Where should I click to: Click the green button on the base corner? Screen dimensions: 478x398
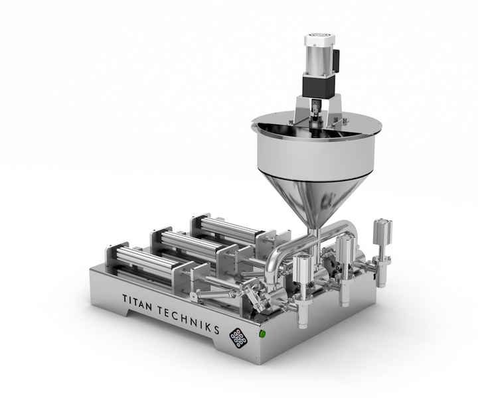(x=262, y=334)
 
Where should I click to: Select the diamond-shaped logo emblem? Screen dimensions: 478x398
(x=238, y=338)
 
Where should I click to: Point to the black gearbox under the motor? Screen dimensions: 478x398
(x=319, y=86)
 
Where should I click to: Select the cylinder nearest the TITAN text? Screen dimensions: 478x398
(x=143, y=261)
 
